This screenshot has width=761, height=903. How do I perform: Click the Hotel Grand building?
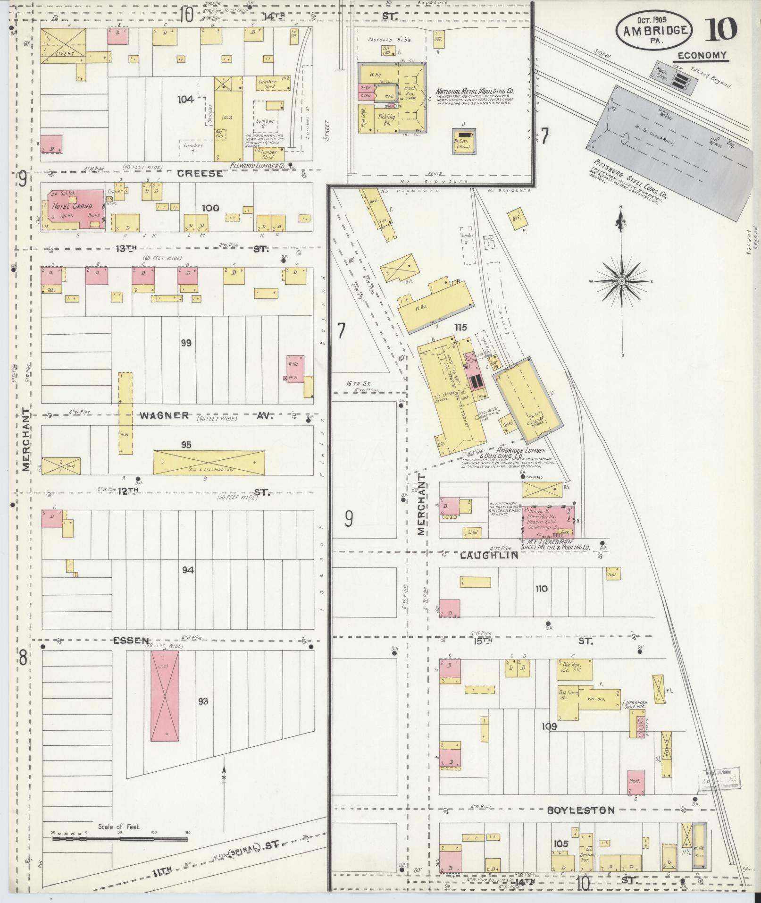pyautogui.click(x=73, y=210)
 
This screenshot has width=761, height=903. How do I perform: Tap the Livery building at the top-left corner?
pyautogui.click(x=63, y=46)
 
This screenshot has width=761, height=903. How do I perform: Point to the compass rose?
pyautogui.click(x=622, y=282)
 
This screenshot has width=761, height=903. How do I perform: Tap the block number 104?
pyautogui.click(x=186, y=99)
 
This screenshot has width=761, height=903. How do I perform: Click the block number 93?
pyautogui.click(x=203, y=701)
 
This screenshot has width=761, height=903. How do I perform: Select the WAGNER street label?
pyautogui.click(x=164, y=415)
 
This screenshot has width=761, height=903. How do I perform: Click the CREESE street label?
pyautogui.click(x=200, y=174)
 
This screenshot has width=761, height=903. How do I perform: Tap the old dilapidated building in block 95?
pyautogui.click(x=209, y=462)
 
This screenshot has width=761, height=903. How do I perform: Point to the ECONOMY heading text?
pyautogui.click(x=702, y=56)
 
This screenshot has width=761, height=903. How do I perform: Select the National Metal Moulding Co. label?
pyautogui.click(x=475, y=91)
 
